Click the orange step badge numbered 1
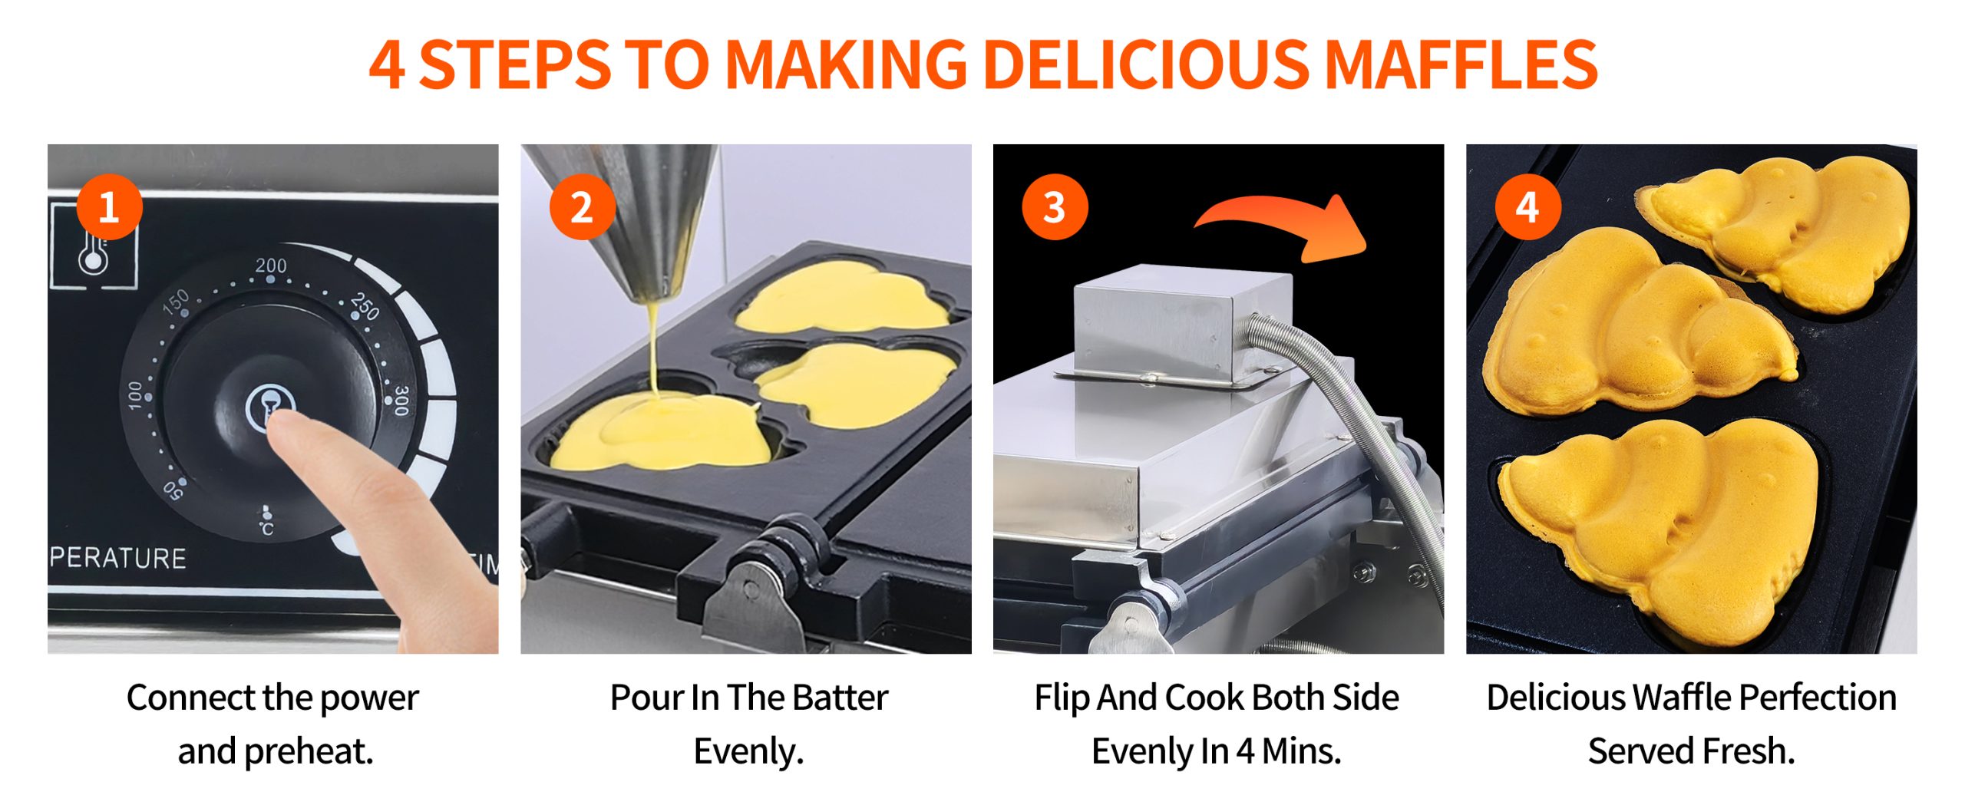pyautogui.click(x=109, y=206)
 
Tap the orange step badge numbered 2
pyautogui.click(x=582, y=206)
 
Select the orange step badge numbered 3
pyautogui.click(x=1055, y=206)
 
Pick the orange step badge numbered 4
pyautogui.click(x=1527, y=206)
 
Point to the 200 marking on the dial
pyautogui.click(x=271, y=266)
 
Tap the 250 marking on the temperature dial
pyautogui.click(x=365, y=305)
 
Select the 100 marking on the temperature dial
pyautogui.click(x=135, y=395)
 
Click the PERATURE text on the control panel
pyautogui.click(x=118, y=558)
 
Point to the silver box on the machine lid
pyautogui.click(x=1183, y=322)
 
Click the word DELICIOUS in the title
pyautogui.click(x=1146, y=64)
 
